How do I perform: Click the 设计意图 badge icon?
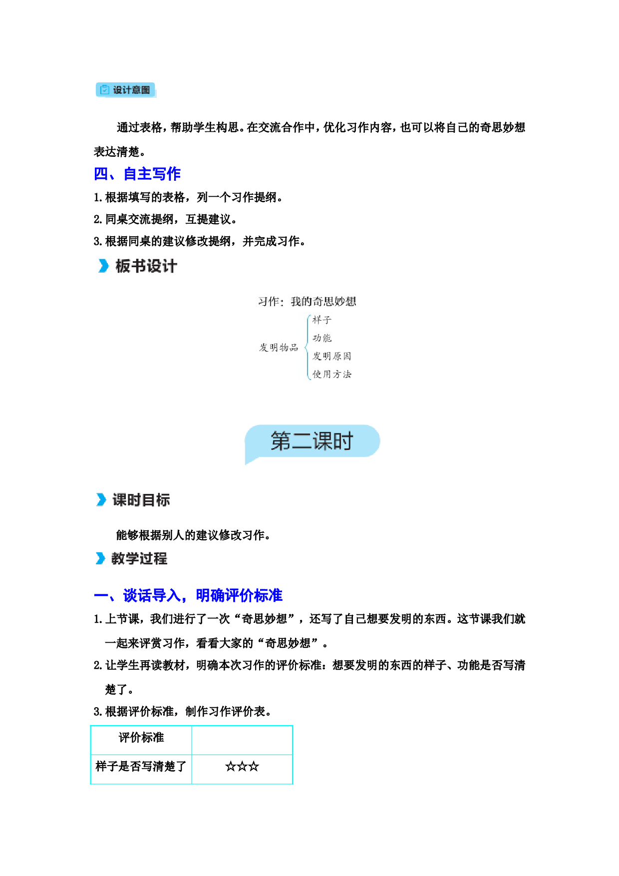click(104, 90)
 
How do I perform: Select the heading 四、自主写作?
click(137, 174)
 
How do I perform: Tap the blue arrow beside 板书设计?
click(103, 266)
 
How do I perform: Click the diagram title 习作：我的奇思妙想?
click(307, 301)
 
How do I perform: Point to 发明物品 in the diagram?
click(279, 347)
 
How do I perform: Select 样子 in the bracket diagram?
click(322, 320)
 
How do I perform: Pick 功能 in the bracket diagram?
click(322, 338)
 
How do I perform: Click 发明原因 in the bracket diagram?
click(332, 356)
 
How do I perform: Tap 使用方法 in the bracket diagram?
click(332, 374)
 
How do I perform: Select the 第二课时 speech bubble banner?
click(312, 441)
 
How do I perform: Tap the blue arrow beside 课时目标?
click(101, 499)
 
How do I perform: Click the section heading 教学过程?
click(139, 558)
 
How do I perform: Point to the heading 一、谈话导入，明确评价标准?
click(188, 595)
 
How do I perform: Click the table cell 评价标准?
click(141, 738)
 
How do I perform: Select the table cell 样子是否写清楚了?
click(141, 767)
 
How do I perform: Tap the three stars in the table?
click(242, 767)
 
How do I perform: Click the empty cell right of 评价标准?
click(242, 739)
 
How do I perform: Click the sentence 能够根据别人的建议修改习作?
click(193, 535)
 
